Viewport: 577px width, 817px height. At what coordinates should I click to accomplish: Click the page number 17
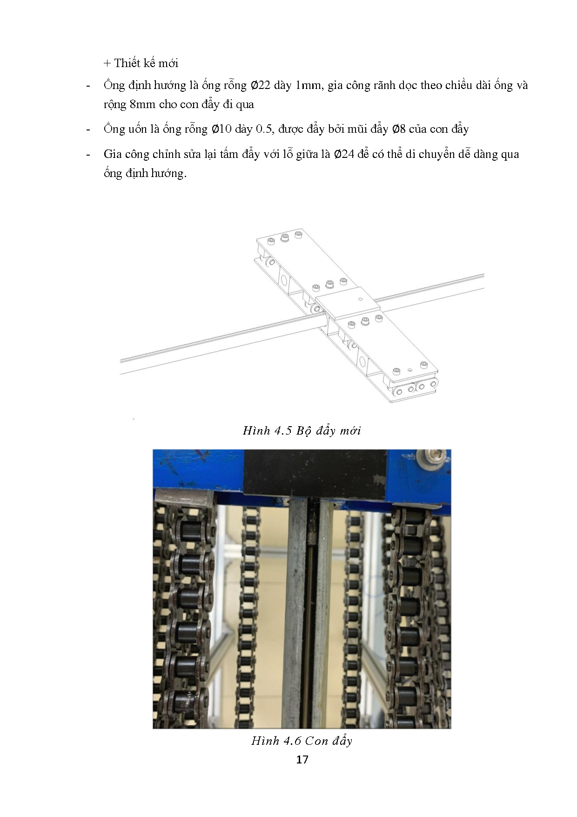point(302,760)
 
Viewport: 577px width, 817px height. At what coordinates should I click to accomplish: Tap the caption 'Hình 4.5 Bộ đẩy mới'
point(302,430)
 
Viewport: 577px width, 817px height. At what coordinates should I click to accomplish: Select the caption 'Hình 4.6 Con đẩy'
point(302,741)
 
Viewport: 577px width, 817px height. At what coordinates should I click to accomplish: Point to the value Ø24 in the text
point(344,154)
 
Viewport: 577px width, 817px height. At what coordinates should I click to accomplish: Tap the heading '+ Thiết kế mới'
point(141,63)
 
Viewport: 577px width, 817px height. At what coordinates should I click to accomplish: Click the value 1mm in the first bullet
point(309,85)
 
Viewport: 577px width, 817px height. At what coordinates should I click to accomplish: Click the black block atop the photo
point(315,472)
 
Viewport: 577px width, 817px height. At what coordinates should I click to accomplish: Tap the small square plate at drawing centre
point(346,302)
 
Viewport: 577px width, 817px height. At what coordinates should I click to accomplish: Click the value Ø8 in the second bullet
point(399,129)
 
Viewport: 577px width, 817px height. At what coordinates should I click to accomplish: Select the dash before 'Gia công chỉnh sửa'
point(88,155)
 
